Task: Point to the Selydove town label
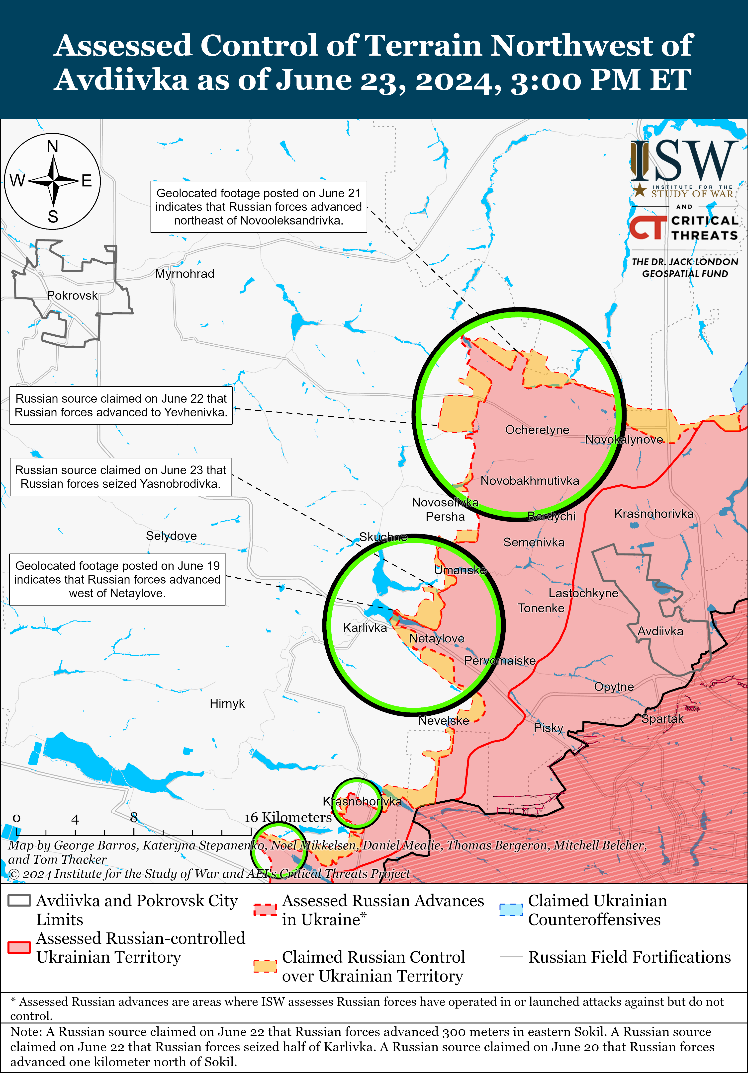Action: pyautogui.click(x=171, y=536)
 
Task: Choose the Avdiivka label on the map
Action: pyautogui.click(x=660, y=631)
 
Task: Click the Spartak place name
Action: pyautogui.click(x=662, y=719)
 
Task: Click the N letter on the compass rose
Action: pyautogui.click(x=53, y=147)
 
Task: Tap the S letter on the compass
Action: pyautogui.click(x=53, y=217)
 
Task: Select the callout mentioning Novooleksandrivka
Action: pyautogui.click(x=259, y=207)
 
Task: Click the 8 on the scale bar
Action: pyautogui.click(x=134, y=817)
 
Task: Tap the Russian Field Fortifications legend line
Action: pyautogui.click(x=511, y=957)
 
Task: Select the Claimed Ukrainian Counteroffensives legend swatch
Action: pyautogui.click(x=511, y=910)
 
